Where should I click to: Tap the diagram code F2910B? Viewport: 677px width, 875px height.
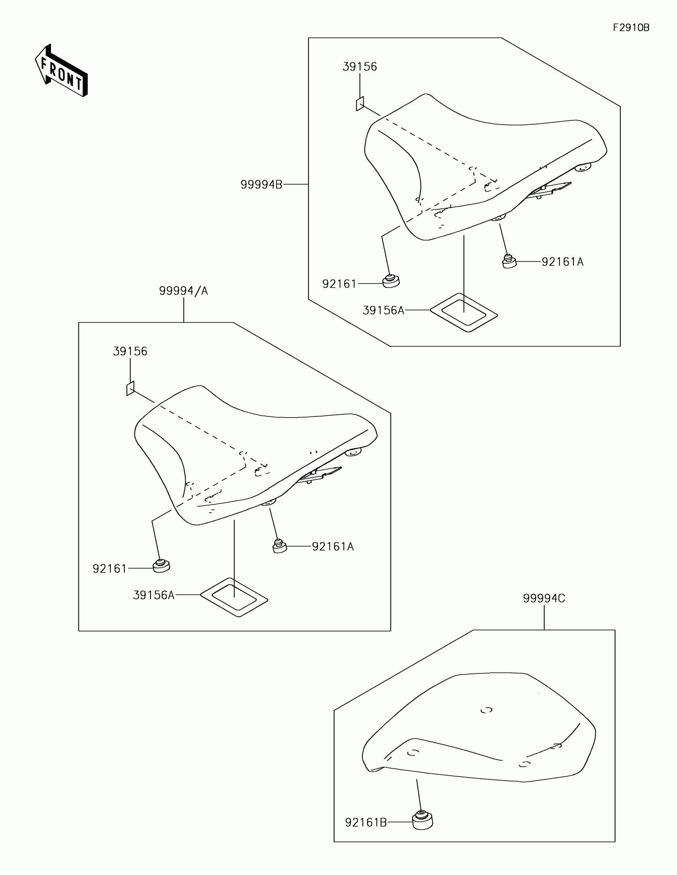pyautogui.click(x=631, y=27)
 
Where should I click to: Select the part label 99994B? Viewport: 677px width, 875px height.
pyautogui.click(x=261, y=184)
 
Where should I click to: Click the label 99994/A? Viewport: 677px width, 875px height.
pyautogui.click(x=183, y=291)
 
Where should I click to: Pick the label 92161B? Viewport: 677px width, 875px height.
pyautogui.click(x=366, y=823)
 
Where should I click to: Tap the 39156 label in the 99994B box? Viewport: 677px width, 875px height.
pyautogui.click(x=360, y=67)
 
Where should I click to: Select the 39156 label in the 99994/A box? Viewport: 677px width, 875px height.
pyautogui.click(x=130, y=351)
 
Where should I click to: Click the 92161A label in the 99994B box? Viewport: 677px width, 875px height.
pyautogui.click(x=562, y=262)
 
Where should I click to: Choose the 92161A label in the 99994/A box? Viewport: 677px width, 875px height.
pyautogui.click(x=333, y=547)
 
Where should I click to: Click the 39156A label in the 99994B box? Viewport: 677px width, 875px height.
pyautogui.click(x=383, y=310)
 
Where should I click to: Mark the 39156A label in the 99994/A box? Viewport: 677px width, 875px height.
pyautogui.click(x=154, y=595)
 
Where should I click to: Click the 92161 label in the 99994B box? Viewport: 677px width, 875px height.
pyautogui.click(x=339, y=284)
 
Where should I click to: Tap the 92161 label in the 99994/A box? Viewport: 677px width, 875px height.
pyautogui.click(x=109, y=569)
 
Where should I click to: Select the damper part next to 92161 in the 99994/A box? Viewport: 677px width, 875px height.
pyautogui.click(x=161, y=566)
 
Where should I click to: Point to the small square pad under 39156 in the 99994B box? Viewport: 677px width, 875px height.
pyautogui.click(x=360, y=104)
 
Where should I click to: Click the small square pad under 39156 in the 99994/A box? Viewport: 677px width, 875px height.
pyautogui.click(x=130, y=388)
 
